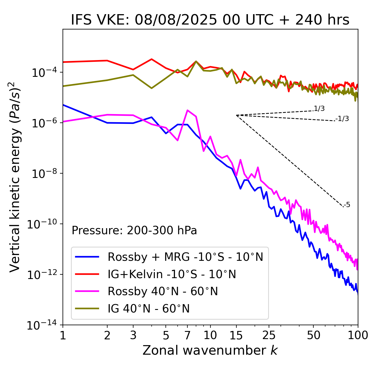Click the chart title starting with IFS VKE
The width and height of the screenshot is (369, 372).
pos(210,20)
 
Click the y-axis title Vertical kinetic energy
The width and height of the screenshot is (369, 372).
pos(15,177)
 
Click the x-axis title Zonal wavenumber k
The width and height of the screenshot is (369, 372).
pos(210,350)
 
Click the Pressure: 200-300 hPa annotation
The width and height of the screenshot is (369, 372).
pos(134,230)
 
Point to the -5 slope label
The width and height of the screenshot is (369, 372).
pos(347,205)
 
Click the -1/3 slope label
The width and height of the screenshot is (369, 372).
pos(342,119)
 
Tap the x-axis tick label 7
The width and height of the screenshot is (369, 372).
pos(187,335)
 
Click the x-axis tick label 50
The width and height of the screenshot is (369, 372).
pos(314,335)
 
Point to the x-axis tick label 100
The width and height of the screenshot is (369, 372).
pos(358,335)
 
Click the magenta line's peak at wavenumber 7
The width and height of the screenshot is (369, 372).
pos(187,110)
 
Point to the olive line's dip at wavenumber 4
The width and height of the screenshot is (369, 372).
pos(152,88)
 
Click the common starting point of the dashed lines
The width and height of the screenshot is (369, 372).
pos(236,115)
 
